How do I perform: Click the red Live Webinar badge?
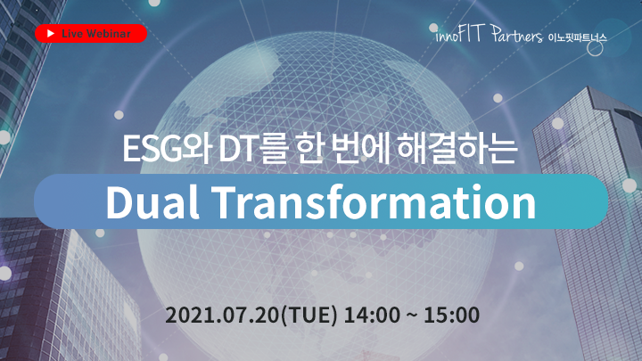click(x=91, y=34)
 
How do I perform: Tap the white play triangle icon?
click(x=51, y=34)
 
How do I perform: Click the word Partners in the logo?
click(x=516, y=35)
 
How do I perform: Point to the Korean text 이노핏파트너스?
click(x=577, y=38)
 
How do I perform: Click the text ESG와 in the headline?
click(x=167, y=149)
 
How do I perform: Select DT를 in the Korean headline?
click(x=252, y=149)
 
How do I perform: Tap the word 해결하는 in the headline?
click(x=457, y=149)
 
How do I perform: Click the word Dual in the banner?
click(x=152, y=201)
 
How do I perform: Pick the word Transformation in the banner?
click(x=374, y=201)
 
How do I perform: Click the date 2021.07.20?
click(x=223, y=316)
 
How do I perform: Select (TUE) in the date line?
click(x=309, y=316)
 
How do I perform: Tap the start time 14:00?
click(x=372, y=316)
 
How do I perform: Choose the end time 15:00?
click(x=451, y=316)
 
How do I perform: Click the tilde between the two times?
click(x=411, y=316)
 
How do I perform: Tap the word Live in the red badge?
click(x=72, y=34)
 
